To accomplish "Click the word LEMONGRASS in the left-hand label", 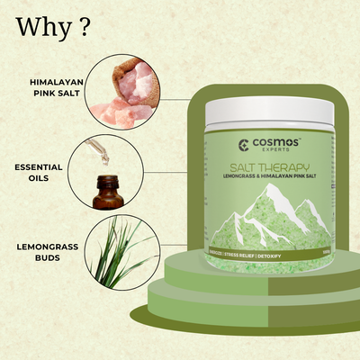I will [42, 245].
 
